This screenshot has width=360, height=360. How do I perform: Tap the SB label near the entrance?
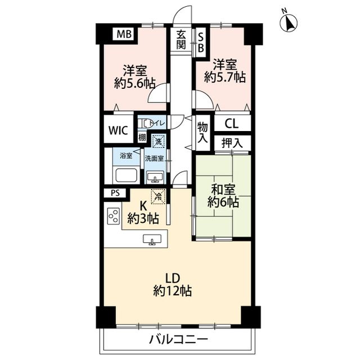pos(200,41)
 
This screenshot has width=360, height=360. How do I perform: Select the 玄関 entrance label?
pos(181,40)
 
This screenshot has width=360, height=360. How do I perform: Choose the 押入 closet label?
pos(232,143)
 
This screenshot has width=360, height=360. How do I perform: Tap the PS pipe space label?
pos(115,193)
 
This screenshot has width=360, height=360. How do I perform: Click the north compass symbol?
pos(290,22)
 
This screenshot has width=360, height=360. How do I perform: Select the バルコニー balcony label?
pos(178,339)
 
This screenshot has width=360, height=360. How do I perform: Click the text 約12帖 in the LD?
pos(172,291)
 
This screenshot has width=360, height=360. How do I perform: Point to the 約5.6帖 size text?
pos(134,83)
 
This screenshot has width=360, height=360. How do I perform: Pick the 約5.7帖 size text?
pos(224,78)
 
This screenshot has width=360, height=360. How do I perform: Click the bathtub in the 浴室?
pos(125,175)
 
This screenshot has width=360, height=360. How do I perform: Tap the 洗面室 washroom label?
pos(154,159)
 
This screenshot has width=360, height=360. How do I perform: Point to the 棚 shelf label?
pos(143,138)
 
